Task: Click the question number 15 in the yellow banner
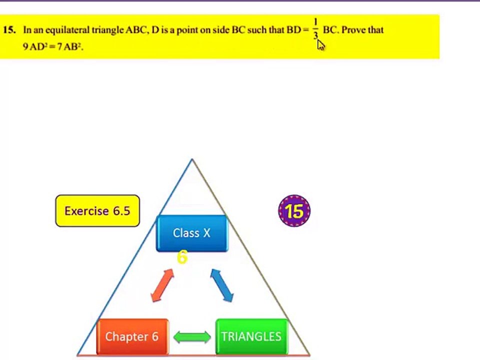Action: coord(8,30)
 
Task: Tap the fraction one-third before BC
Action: coord(315,29)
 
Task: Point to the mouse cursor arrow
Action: coord(320,44)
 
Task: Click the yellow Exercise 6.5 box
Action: coord(97,211)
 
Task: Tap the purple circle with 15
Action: coord(294,211)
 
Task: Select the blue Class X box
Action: coord(192,233)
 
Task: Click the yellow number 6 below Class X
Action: coord(182,257)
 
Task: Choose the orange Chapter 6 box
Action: coord(132,336)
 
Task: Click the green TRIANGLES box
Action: coord(251,336)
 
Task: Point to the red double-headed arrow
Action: coord(162,285)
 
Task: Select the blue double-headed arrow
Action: coord(221,285)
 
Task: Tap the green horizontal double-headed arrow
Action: coord(192,336)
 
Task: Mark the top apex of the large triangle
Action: coord(191,159)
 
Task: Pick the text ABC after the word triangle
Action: coord(136,30)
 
